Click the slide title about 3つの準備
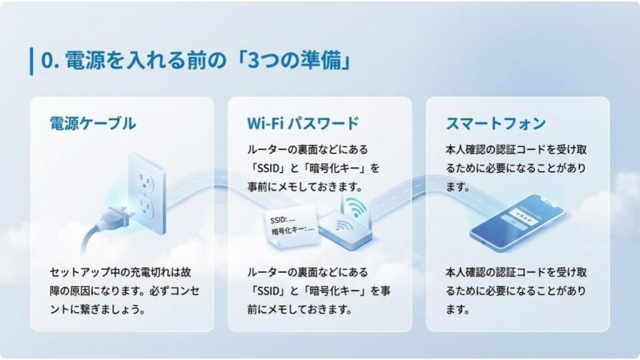coord(195,61)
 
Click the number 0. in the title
coord(50,61)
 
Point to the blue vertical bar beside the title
coord(31,61)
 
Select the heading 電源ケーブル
coord(92,123)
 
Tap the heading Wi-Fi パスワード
coord(303,123)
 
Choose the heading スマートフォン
coord(496,123)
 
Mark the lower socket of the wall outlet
coord(147,207)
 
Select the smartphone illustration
coord(517,222)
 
